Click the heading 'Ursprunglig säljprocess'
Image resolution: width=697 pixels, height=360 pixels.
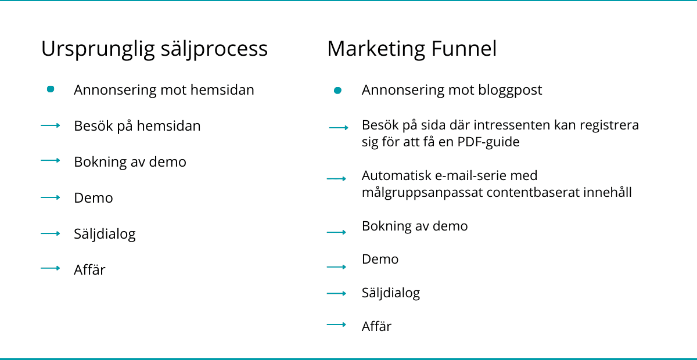155,49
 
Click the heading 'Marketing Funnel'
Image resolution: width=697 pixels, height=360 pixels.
412,49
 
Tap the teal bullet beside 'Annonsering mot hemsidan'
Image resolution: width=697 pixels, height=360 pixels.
51,89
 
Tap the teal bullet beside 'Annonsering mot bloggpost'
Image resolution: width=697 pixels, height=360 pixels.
337,91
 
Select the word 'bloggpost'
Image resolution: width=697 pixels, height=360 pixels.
510,91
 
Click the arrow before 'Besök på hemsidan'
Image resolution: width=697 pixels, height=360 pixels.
51,125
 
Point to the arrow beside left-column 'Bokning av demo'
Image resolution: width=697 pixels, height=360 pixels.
51,161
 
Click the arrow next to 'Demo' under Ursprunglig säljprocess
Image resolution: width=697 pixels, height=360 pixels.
51,197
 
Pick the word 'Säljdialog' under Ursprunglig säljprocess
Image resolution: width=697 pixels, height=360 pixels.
105,234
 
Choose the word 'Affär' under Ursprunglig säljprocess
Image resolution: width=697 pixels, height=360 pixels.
89,269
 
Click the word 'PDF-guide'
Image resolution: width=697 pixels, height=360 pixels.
488,142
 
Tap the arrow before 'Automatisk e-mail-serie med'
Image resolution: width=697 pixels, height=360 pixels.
336,179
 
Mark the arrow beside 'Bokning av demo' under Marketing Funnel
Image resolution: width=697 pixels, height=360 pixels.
336,232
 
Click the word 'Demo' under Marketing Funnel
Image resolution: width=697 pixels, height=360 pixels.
380,259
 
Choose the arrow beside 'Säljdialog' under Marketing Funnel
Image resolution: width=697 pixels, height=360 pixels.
336,293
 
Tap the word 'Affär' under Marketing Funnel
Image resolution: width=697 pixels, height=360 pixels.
376,326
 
